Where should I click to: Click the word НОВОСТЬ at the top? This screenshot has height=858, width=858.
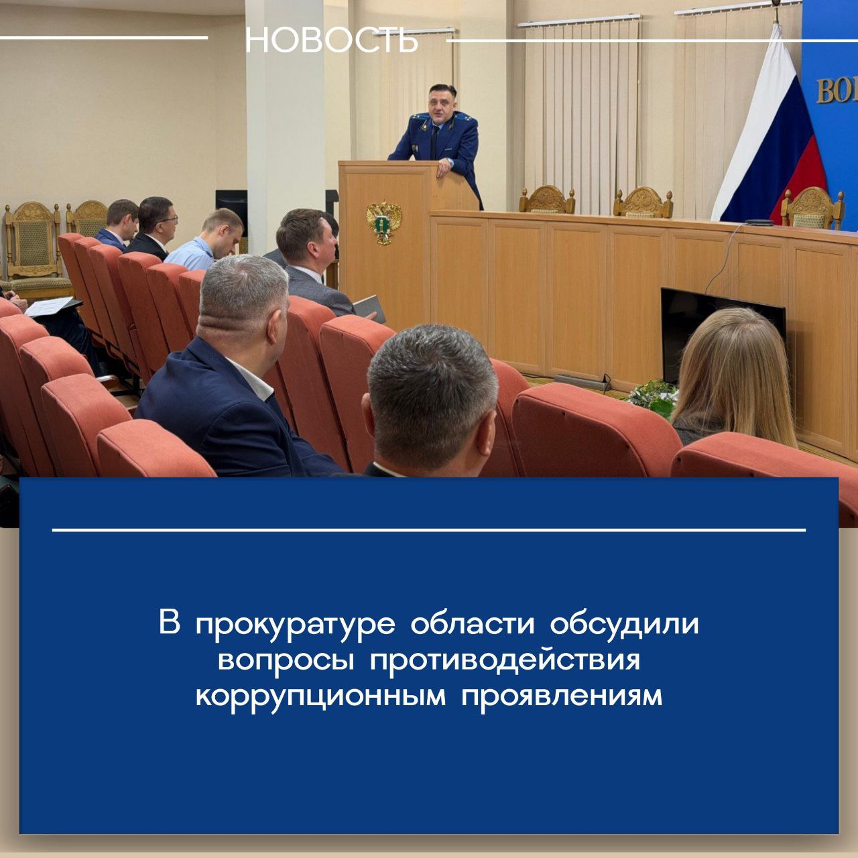(x=332, y=41)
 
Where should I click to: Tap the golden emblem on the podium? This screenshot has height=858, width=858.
(x=384, y=223)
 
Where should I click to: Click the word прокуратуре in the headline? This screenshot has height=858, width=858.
(x=295, y=625)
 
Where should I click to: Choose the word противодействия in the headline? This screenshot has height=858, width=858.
(x=505, y=660)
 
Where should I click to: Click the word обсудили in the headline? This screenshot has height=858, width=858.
(x=624, y=625)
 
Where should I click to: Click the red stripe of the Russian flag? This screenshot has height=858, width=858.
(x=798, y=182)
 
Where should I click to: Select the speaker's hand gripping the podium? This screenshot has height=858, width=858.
(x=445, y=168)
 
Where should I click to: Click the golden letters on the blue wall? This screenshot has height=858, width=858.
(x=837, y=92)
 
